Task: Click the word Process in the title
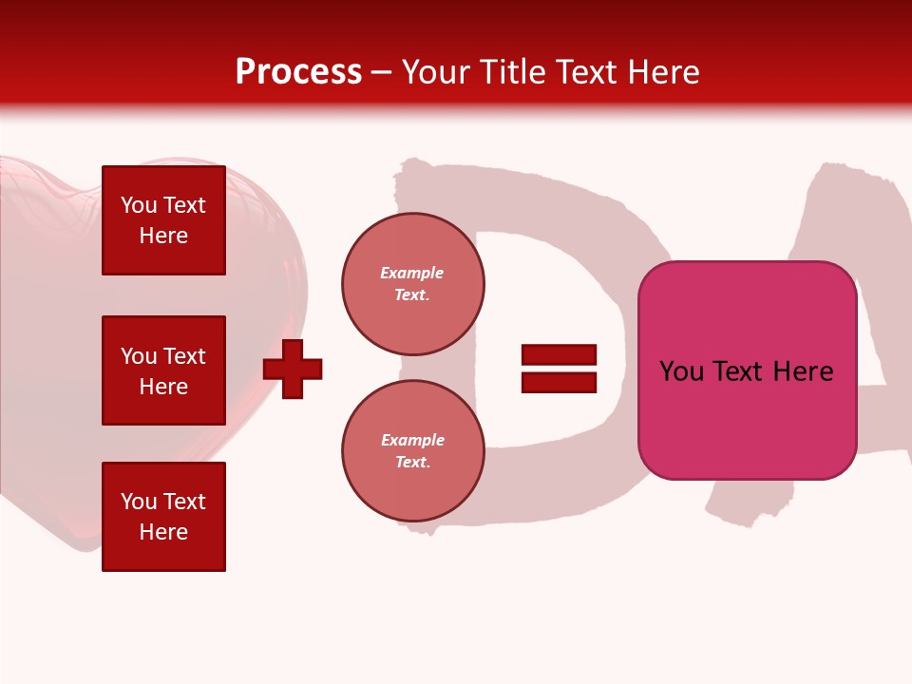(298, 72)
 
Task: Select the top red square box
(163, 220)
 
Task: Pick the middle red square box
(163, 370)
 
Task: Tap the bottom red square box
(163, 517)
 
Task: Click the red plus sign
(293, 369)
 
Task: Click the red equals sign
(559, 369)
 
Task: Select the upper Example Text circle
(413, 284)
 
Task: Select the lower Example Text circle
(413, 451)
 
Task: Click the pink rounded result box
(747, 370)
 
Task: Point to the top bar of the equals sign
(559, 355)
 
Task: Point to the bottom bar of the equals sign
(559, 382)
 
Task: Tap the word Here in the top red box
(163, 236)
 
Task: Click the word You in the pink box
(681, 371)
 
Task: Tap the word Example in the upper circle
(412, 273)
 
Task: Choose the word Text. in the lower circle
(412, 463)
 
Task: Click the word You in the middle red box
(138, 356)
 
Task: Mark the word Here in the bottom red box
(163, 532)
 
